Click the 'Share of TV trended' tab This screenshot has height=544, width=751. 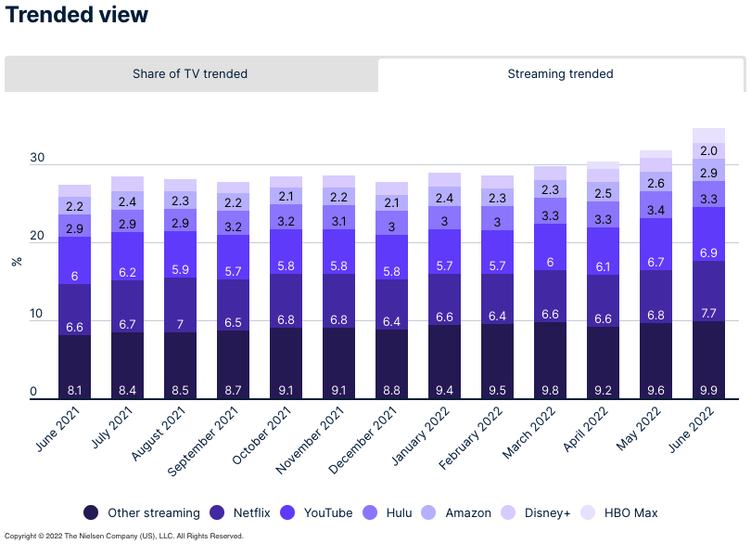click(x=190, y=74)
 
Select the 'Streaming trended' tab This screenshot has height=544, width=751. click(x=560, y=74)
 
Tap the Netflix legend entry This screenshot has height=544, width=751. click(x=243, y=512)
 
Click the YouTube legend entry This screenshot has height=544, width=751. click(x=319, y=512)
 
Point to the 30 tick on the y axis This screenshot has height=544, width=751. click(x=37, y=158)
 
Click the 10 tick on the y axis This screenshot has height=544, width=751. click(x=37, y=314)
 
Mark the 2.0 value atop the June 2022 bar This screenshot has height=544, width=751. click(x=708, y=150)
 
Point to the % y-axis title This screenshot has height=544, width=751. click(x=17, y=262)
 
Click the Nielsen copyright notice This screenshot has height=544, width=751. click(x=124, y=536)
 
